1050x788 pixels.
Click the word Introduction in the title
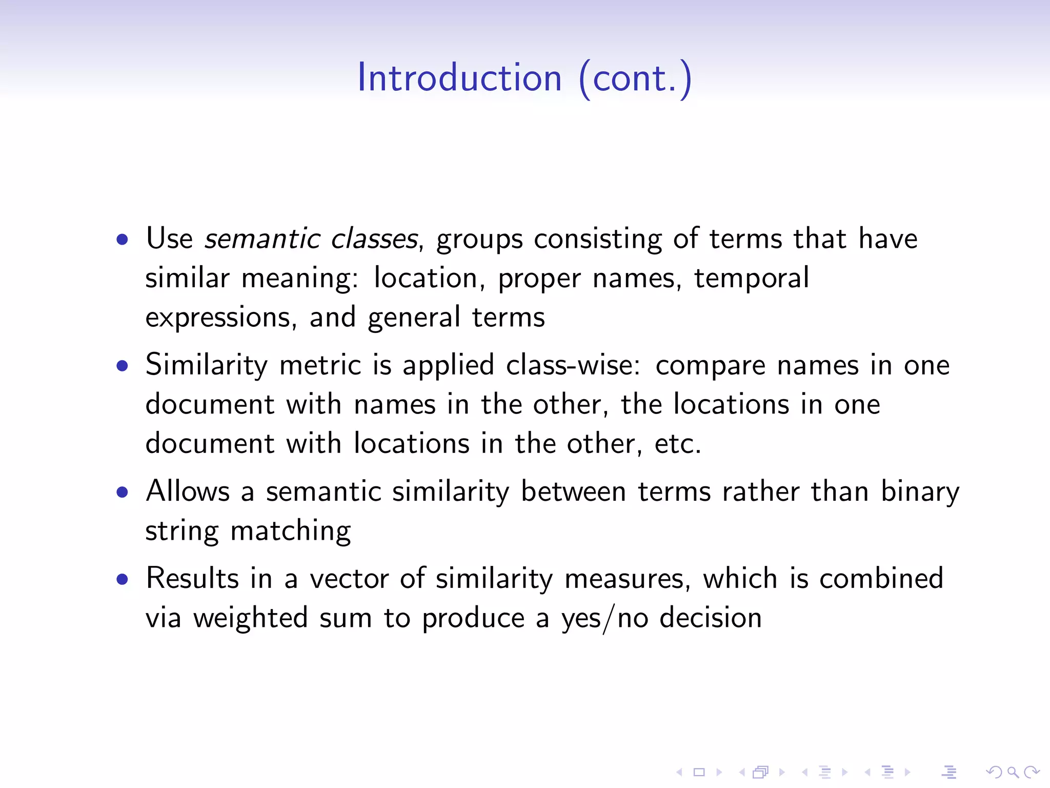(459, 78)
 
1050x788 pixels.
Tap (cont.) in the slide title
(635, 78)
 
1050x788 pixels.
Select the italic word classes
(375, 239)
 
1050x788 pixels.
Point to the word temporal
(752, 278)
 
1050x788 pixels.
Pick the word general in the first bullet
(414, 318)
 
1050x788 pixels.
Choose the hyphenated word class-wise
(573, 365)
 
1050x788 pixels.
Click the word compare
(710, 366)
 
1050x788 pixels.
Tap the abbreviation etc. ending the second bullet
(678, 444)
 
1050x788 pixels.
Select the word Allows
(188, 491)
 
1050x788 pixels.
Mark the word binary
(920, 492)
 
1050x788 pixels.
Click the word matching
(291, 531)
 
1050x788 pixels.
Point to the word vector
(349, 579)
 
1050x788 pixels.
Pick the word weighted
(250, 618)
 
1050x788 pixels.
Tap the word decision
(711, 618)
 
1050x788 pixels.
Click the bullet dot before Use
(122, 239)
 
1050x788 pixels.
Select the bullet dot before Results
(122, 579)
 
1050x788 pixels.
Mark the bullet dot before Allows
(122, 492)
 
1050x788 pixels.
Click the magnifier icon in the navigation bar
(1013, 772)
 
